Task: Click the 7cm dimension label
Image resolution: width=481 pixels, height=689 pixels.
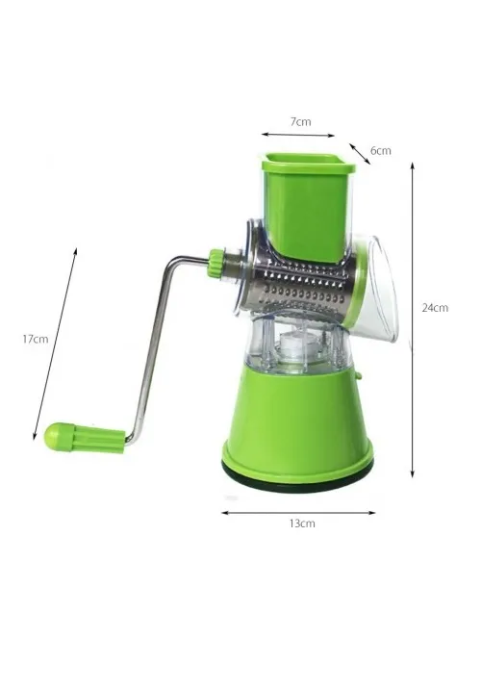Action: click(x=300, y=121)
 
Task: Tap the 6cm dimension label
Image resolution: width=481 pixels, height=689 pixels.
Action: click(x=380, y=151)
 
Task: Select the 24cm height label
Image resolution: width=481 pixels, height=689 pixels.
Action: click(x=435, y=308)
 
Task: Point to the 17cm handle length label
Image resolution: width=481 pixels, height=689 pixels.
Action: click(x=36, y=339)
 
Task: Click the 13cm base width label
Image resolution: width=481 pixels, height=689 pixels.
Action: click(x=302, y=523)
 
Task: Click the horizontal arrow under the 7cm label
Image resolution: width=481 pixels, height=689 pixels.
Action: click(x=298, y=135)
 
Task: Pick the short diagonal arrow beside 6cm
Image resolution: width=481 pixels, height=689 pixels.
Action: click(x=360, y=153)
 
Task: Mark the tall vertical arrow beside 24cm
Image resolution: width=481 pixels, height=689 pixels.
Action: click(x=412, y=319)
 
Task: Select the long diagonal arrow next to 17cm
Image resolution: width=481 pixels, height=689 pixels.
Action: click(x=55, y=344)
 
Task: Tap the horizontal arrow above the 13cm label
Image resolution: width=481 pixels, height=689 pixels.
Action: click(x=298, y=512)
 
